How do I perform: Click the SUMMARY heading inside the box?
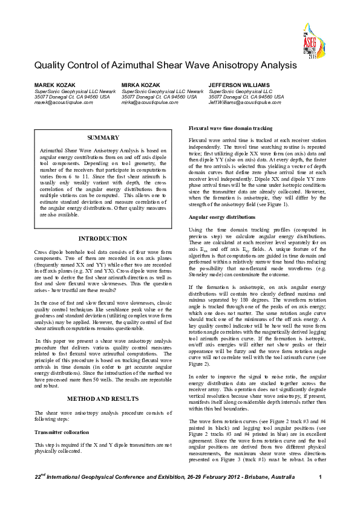103,138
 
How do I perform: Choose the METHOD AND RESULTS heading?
103,399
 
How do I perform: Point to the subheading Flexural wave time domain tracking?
231,129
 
